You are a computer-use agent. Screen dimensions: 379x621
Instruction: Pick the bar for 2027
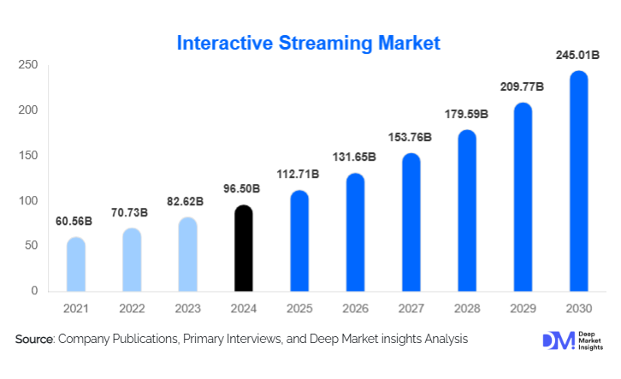(411, 222)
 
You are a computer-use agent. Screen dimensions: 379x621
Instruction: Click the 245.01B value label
(578, 56)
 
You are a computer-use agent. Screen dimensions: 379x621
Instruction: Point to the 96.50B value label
(244, 190)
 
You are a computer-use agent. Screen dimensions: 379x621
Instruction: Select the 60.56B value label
(76, 222)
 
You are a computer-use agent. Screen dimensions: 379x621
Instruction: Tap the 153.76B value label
(411, 138)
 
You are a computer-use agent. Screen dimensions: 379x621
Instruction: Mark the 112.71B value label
(299, 175)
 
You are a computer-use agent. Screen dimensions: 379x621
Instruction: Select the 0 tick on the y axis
(34, 291)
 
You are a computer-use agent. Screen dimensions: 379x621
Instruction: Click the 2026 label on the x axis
(355, 308)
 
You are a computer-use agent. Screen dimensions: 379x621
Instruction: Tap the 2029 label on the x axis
(523, 308)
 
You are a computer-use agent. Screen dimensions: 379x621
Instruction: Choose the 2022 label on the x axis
(132, 308)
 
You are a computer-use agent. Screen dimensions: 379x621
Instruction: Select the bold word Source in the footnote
(34, 340)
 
